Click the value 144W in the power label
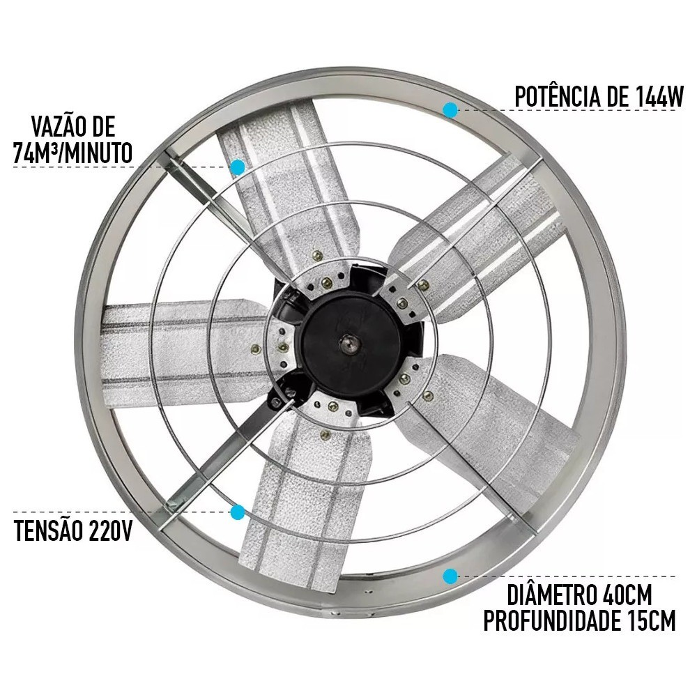(x=653, y=96)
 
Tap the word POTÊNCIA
(x=558, y=96)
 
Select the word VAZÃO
(x=54, y=126)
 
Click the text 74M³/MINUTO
(x=73, y=153)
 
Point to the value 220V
(x=110, y=530)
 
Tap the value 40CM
(x=627, y=595)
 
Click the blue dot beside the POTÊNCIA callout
(x=450, y=110)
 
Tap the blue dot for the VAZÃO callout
(x=238, y=167)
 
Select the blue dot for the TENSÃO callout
(x=238, y=512)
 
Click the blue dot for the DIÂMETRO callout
(x=450, y=576)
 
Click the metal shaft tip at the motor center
(x=347, y=343)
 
